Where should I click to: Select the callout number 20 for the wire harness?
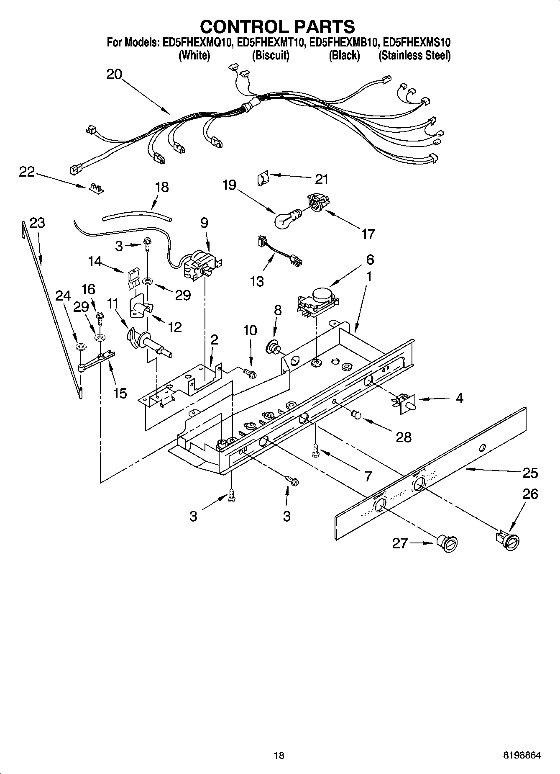click(x=114, y=75)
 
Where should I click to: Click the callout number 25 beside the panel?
click(x=530, y=473)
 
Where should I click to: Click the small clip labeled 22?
click(x=96, y=188)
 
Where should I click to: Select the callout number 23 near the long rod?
click(x=37, y=223)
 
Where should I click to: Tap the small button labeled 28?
click(x=356, y=414)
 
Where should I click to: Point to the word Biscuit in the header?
click(x=271, y=55)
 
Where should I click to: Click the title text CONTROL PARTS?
click(x=277, y=26)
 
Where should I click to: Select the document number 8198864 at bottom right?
click(x=522, y=755)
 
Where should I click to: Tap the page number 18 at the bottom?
click(x=279, y=755)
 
